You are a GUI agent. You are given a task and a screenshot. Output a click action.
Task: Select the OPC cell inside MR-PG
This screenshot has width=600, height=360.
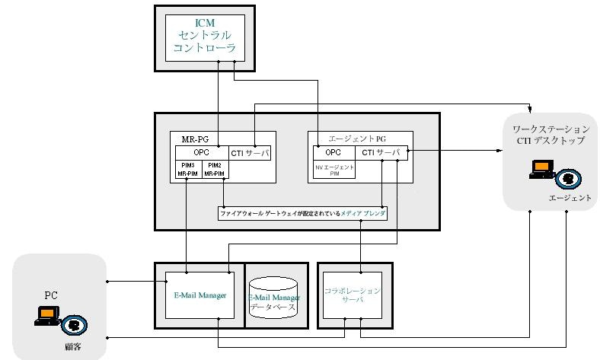pos(201,152)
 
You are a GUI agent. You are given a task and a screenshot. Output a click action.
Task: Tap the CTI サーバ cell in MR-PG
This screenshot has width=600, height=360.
pos(250,152)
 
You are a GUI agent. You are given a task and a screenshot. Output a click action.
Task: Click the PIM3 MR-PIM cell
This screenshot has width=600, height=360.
pos(187,169)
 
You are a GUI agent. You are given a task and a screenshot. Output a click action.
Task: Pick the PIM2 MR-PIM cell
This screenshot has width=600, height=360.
pos(215,169)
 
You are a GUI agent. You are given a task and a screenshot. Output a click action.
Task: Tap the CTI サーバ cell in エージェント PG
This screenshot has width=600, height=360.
pos(381,152)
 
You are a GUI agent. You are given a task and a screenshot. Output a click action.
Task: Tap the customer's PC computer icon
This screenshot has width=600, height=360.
pos(46,316)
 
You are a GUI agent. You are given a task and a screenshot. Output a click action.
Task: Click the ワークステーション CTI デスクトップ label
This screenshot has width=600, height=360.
pos(550,135)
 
